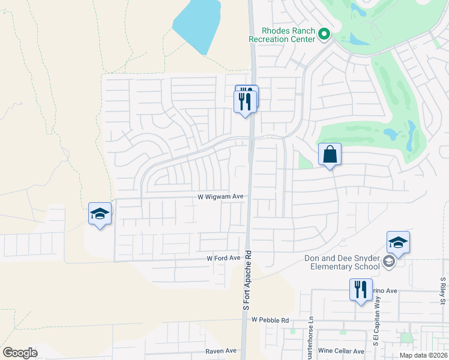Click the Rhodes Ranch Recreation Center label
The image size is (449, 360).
[282, 35]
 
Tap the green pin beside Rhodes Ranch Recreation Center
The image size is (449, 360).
[324, 34]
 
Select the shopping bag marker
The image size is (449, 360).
[330, 155]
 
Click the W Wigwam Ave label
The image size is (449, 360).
[220, 196]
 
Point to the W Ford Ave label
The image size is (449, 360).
[223, 258]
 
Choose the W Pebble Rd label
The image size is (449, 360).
[270, 320]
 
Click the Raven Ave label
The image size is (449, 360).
[221, 351]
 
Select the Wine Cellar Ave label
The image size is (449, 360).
[341, 351]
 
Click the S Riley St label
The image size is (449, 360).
[443, 291]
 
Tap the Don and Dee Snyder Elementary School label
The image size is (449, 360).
[343, 263]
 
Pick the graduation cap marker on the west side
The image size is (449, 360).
[100, 214]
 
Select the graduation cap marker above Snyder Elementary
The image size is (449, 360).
[398, 243]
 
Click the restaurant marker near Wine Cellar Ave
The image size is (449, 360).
[361, 290]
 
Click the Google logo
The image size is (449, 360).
[20, 353]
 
